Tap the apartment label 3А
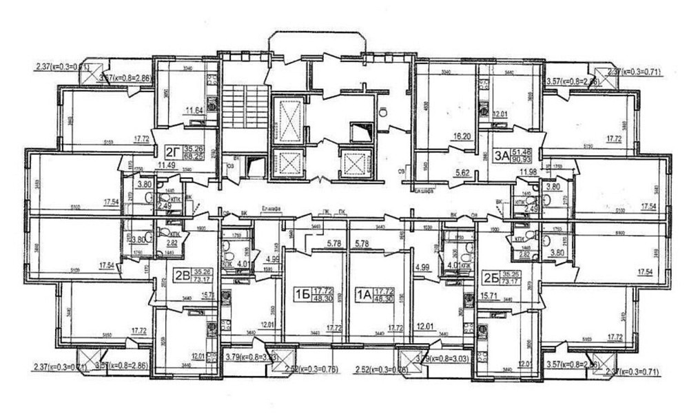(502, 155)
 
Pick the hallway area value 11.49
(166, 166)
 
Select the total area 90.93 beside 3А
(529, 159)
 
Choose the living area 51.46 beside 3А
(529, 150)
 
